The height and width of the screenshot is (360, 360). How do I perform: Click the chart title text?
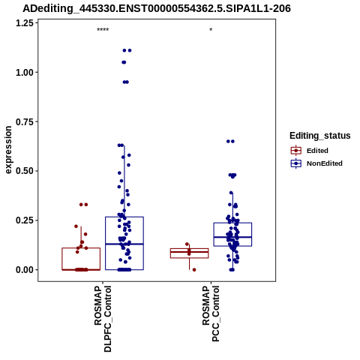[157, 9]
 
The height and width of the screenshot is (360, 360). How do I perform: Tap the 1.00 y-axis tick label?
[25, 73]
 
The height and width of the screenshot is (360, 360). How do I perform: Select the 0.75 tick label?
[25, 122]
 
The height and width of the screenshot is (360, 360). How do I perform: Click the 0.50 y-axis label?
[25, 171]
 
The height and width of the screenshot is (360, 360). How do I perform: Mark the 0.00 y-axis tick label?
[25, 270]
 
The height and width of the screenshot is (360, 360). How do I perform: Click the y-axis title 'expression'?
[8, 150]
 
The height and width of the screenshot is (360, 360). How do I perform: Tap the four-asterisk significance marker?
[103, 30]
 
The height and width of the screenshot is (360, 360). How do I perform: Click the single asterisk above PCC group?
[211, 30]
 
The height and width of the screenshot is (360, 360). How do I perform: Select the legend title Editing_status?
[320, 136]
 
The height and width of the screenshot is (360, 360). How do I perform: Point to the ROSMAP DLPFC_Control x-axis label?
[103, 319]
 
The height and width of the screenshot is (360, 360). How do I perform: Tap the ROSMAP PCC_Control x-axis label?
[211, 313]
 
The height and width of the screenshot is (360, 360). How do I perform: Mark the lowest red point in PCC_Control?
[194, 270]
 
